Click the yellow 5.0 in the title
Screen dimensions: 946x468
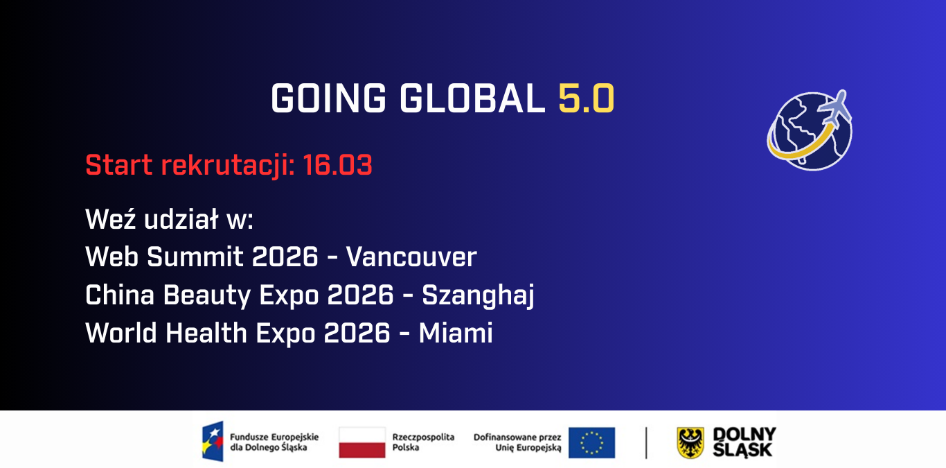click(586, 98)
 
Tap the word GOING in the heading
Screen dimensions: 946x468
click(328, 98)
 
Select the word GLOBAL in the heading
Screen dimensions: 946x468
click(472, 98)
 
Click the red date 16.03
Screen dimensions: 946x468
click(337, 164)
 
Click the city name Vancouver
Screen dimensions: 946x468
click(411, 257)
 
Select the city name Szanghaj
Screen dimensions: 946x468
click(478, 295)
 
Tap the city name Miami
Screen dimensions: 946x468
click(456, 333)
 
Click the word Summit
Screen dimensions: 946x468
click(195, 257)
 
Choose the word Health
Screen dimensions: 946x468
click(206, 333)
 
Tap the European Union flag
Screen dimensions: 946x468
click(591, 442)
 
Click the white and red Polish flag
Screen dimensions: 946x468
click(362, 442)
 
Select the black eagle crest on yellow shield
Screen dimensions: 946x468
click(690, 442)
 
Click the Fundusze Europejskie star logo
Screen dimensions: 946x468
click(213, 441)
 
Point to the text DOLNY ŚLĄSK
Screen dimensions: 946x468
click(744, 442)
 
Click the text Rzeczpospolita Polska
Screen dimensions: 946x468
click(423, 442)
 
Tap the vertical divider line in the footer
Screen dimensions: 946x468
click(646, 442)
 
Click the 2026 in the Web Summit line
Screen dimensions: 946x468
click(285, 257)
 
